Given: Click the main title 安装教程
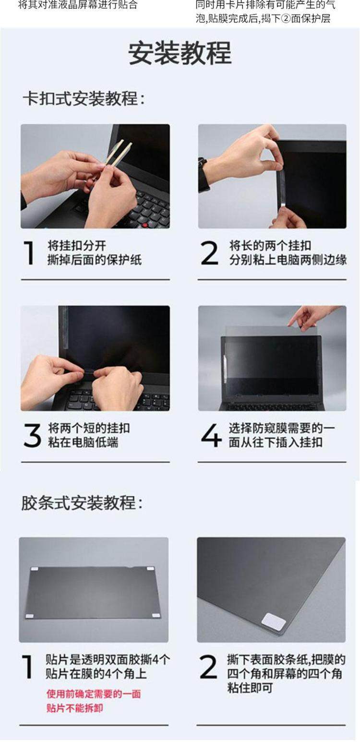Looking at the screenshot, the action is coord(180,53).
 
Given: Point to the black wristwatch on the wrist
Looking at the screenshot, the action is coord(204,174).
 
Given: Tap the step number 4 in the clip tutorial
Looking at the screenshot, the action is coord(211,435).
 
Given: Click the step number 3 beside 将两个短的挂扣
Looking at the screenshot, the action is coord(32,435).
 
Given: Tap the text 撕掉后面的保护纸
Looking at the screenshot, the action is coord(95,260).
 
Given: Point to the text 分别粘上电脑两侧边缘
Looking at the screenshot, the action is coord(288,260).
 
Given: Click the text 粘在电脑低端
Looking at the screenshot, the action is coord(83,442).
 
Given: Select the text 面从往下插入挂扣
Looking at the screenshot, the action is coord(276,442).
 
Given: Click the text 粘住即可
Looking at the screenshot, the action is coord(250,688).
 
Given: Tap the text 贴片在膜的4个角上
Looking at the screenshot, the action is coord(96,674).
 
